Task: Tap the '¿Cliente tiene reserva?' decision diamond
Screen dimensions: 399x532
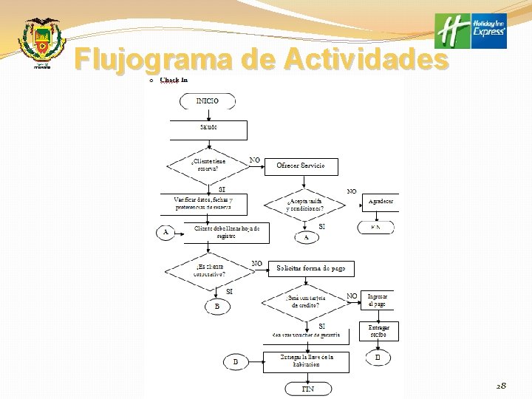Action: click(208, 164)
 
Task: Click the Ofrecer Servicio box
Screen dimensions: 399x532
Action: click(301, 166)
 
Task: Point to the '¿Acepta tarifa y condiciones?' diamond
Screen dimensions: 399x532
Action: click(305, 205)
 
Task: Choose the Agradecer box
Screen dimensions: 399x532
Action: click(381, 202)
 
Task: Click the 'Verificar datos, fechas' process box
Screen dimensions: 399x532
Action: click(204, 203)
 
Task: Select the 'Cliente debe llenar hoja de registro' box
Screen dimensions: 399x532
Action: click(226, 233)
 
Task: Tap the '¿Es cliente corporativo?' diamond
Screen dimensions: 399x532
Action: click(209, 270)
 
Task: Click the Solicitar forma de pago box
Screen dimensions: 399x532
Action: click(311, 269)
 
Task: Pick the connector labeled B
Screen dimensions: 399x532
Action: click(216, 306)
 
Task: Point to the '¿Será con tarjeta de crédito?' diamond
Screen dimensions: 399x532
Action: click(305, 301)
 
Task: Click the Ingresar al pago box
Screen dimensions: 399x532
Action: click(378, 300)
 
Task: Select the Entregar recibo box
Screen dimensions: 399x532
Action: click(379, 330)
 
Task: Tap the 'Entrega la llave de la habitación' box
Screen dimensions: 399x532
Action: click(305, 361)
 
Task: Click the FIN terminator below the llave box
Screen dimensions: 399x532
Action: click(307, 388)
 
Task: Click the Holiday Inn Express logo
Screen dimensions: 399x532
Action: click(471, 31)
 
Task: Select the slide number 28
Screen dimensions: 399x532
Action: click(502, 386)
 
